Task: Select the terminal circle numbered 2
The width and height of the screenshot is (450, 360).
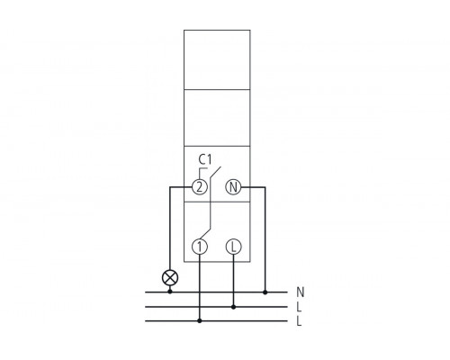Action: pos(200,188)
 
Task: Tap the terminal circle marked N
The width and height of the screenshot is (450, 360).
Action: pos(233,188)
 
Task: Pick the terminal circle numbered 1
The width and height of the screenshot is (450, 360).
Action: pos(200,246)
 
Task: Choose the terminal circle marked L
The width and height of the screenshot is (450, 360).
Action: pos(233,246)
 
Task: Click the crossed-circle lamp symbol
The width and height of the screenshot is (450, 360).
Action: pos(168,277)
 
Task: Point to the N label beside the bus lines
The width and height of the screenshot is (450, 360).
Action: pos(300,292)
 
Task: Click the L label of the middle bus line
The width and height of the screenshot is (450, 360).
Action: pos(300,307)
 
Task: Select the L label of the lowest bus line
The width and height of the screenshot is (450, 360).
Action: pos(300,321)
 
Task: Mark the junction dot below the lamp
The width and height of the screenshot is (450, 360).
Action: pos(168,292)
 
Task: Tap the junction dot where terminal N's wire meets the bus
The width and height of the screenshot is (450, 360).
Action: pos(266,292)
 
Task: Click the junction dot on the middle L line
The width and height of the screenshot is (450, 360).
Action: pos(233,307)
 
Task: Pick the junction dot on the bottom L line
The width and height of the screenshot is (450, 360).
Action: pos(200,321)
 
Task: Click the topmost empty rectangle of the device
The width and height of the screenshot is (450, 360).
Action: pos(217,58)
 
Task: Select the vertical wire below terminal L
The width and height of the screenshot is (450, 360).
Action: pos(233,279)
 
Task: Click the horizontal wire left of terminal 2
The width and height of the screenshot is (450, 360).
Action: pos(180,188)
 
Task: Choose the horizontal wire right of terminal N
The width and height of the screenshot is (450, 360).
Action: pos(254,188)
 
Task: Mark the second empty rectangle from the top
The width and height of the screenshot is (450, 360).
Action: pos(217,116)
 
